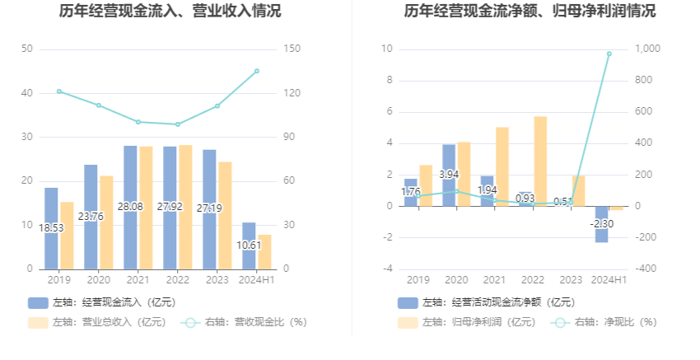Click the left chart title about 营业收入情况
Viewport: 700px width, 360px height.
pyautogui.click(x=170, y=12)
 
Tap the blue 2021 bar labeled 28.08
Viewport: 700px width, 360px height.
pyautogui.click(x=130, y=207)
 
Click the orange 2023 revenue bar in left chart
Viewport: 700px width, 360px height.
pyautogui.click(x=225, y=215)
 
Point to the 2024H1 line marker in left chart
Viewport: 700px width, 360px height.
pyautogui.click(x=257, y=71)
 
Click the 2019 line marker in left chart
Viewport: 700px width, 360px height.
pyautogui.click(x=59, y=91)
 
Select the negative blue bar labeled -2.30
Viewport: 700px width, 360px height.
pyautogui.click(x=601, y=224)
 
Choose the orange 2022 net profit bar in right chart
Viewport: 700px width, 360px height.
pyautogui.click(x=540, y=161)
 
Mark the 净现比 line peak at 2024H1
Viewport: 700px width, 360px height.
pyautogui.click(x=609, y=54)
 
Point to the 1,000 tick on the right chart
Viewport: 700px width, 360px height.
pyautogui.click(x=648, y=49)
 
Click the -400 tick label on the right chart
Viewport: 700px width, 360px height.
pyautogui.click(x=646, y=269)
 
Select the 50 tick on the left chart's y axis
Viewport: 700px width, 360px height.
pyautogui.click(x=27, y=49)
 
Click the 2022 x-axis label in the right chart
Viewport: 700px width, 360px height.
pyautogui.click(x=533, y=280)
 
